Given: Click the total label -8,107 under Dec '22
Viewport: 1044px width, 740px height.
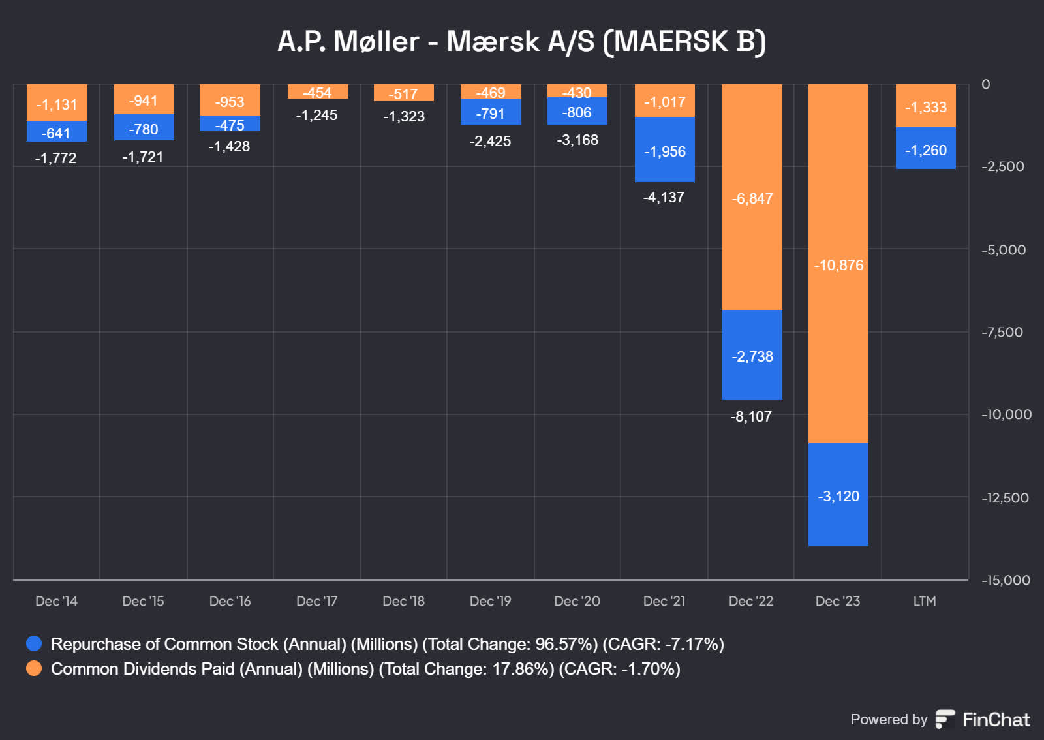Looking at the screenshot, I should (x=751, y=416).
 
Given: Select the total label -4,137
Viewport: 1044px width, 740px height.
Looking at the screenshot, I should (x=664, y=197).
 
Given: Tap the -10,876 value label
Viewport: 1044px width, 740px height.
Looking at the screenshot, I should (x=838, y=265).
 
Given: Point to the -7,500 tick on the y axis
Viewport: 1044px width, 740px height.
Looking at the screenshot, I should (x=1002, y=332).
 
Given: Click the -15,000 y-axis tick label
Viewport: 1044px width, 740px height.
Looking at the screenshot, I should (x=1006, y=580).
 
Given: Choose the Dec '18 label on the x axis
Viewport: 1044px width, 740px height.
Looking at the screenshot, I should (x=403, y=601).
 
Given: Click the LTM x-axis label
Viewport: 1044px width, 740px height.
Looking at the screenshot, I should (x=925, y=601).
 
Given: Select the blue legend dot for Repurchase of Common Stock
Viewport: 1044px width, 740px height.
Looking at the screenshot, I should (x=34, y=643).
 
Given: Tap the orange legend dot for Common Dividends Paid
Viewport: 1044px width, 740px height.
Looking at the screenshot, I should (x=34, y=668).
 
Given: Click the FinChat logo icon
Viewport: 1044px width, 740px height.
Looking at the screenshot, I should (x=945, y=719).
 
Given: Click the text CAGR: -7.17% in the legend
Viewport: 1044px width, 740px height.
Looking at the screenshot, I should (x=662, y=644).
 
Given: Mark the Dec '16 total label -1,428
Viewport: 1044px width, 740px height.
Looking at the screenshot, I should (x=229, y=146).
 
